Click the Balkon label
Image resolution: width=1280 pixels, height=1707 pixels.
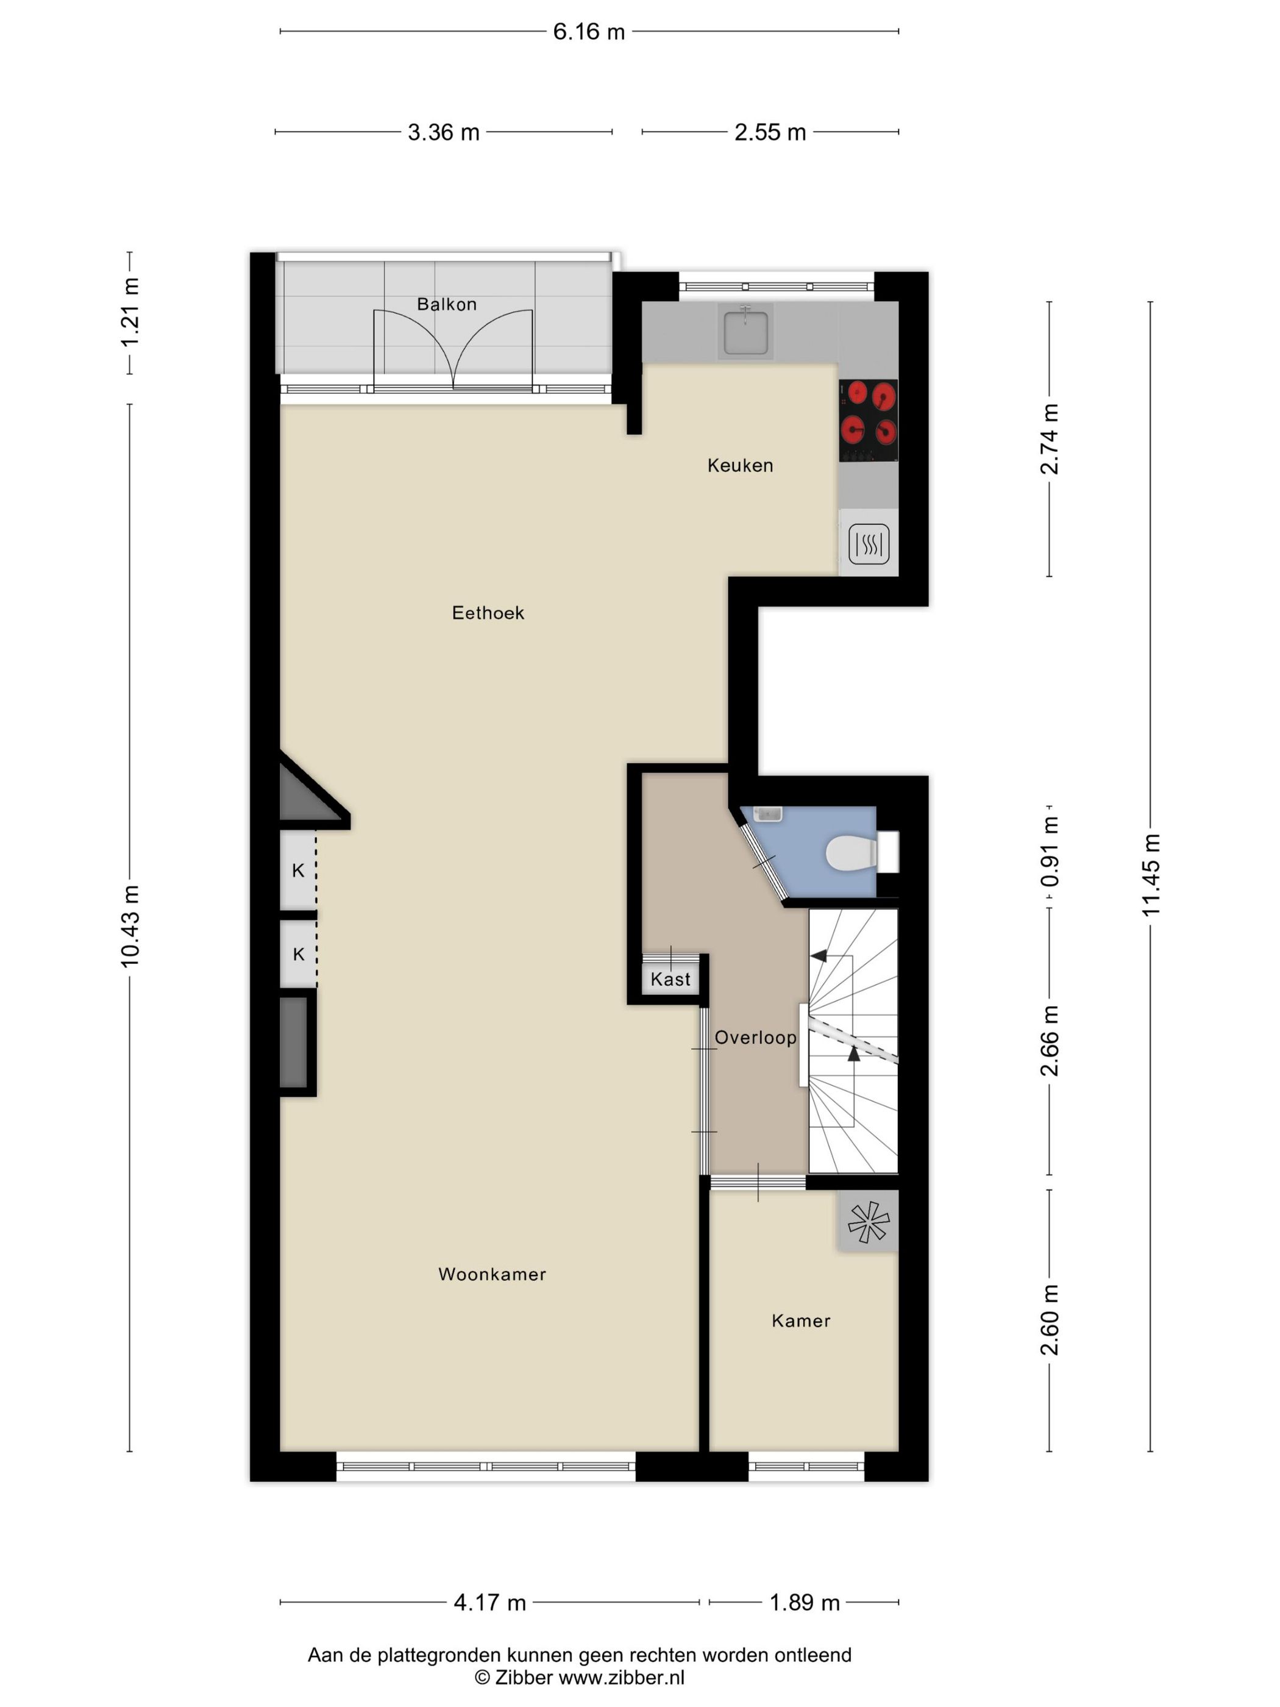446,304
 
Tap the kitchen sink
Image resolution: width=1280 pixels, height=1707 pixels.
745,331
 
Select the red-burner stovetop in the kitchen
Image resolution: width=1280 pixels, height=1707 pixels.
868,421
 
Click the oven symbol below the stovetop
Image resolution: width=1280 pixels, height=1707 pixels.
868,544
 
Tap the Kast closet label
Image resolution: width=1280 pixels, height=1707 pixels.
670,979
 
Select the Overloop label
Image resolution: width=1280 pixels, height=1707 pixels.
755,1037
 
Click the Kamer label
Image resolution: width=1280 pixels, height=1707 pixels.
800,1320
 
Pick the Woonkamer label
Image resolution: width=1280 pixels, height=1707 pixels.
491,1274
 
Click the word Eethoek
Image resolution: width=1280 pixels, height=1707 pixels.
488,613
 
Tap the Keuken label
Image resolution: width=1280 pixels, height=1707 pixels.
739,465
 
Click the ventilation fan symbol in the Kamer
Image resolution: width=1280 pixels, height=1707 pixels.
868,1222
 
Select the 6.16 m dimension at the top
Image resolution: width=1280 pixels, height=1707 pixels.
588,32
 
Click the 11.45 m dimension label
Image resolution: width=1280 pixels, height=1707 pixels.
1150,875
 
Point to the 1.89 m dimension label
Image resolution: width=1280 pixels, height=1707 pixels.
804,1603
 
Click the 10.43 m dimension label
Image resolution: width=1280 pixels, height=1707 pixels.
130,926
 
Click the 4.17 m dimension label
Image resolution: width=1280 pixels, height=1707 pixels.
489,1603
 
